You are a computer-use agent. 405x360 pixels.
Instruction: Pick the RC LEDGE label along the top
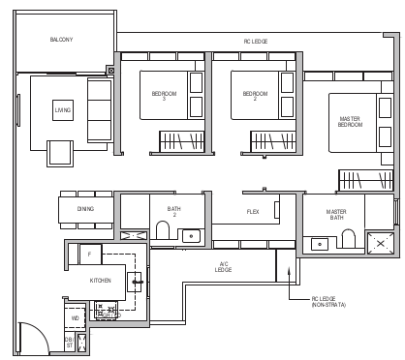(x=255, y=42)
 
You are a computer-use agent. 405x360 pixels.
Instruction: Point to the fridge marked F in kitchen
(x=89, y=254)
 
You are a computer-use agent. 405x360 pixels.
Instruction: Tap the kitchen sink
(x=138, y=283)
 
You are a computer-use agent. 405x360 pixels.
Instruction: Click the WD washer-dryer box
(x=76, y=316)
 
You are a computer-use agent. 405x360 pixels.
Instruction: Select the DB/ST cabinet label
(x=69, y=342)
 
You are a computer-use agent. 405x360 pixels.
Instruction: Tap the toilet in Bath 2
(x=163, y=230)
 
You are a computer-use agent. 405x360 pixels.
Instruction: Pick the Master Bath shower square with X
(x=379, y=243)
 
